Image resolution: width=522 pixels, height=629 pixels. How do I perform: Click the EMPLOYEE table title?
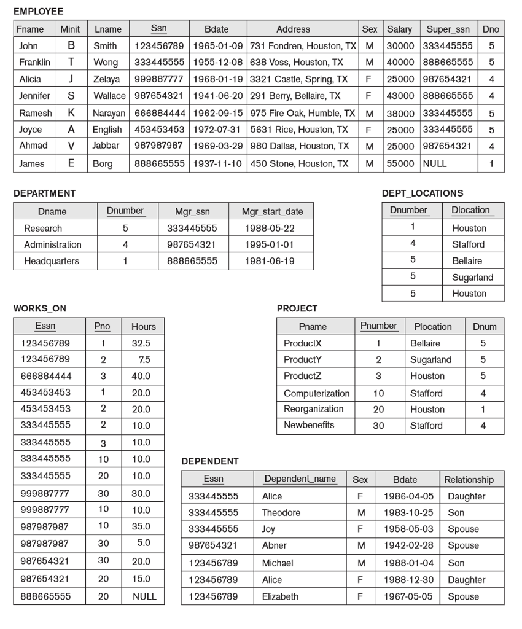tap(38, 12)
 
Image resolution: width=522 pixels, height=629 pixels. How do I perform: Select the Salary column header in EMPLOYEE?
tap(399, 29)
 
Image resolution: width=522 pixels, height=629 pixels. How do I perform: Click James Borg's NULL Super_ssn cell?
tap(434, 164)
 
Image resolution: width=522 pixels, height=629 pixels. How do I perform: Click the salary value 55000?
tap(399, 164)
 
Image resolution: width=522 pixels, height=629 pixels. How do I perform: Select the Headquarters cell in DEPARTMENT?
tap(52, 261)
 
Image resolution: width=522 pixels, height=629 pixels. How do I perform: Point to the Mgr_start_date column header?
tap(272, 212)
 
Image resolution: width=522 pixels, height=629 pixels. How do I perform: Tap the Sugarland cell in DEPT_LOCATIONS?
tap(472, 278)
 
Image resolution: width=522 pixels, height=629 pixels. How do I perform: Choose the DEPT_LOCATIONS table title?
tap(423, 193)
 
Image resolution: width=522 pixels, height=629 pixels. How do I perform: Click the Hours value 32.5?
tap(141, 343)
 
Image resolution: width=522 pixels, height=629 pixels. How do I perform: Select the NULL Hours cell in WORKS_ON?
tap(144, 596)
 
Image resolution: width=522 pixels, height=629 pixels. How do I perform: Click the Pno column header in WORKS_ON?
tap(102, 326)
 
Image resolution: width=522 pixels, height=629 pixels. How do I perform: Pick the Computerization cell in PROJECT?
tap(316, 393)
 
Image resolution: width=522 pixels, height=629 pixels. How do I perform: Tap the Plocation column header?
tap(432, 327)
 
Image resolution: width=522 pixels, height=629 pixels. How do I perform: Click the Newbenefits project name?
tap(309, 425)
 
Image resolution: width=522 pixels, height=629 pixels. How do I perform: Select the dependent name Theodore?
tap(281, 513)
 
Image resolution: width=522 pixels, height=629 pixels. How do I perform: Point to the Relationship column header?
tap(469, 480)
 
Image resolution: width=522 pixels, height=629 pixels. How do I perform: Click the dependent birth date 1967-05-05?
tap(408, 596)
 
